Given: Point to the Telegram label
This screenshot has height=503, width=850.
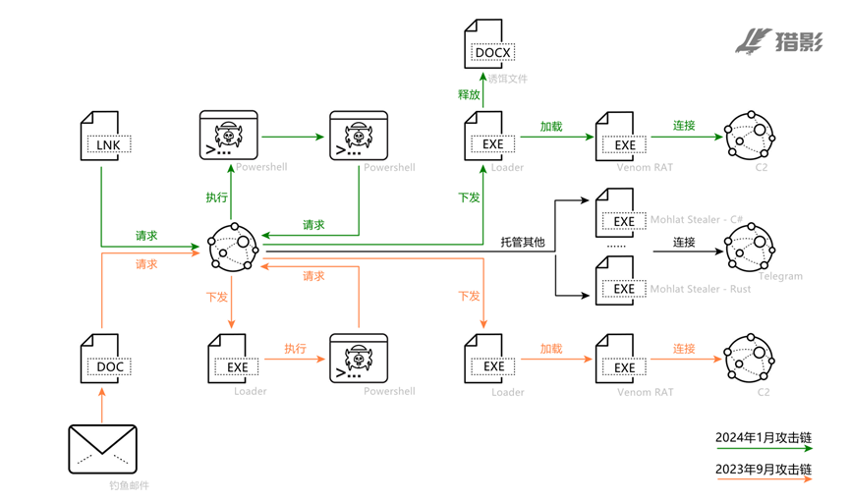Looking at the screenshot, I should [779, 276].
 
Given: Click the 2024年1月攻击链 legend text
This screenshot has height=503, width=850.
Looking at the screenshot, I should [764, 436].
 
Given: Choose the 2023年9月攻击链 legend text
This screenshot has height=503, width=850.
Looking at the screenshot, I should [764, 471].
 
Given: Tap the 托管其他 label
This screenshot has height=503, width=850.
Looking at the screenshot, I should [522, 242].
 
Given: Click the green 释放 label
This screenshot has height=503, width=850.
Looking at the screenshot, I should [470, 94].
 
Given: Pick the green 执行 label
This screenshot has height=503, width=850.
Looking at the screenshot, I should [216, 196].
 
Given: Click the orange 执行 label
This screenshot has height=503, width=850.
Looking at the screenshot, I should [296, 348].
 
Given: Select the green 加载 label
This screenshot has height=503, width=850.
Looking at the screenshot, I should [551, 126].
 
